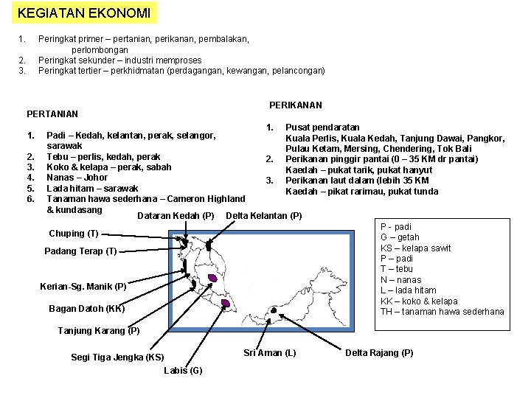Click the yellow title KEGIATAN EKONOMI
click(x=84, y=13)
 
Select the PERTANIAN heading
click(x=52, y=114)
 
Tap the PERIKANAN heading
click(x=295, y=105)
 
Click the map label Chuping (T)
click(x=73, y=234)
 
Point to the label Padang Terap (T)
click(x=80, y=251)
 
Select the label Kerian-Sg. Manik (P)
click(x=86, y=286)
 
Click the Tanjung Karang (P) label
click(x=99, y=331)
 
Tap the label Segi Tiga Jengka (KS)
click(x=117, y=357)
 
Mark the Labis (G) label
click(x=184, y=370)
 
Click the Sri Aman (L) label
click(x=269, y=353)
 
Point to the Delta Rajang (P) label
click(x=380, y=353)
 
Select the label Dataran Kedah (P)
click(x=176, y=216)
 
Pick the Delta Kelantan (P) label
click(x=263, y=216)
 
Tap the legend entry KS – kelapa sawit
click(x=415, y=248)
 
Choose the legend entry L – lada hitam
click(x=409, y=290)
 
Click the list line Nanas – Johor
click(x=77, y=177)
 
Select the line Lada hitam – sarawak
click(x=92, y=188)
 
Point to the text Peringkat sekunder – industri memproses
click(x=119, y=60)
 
